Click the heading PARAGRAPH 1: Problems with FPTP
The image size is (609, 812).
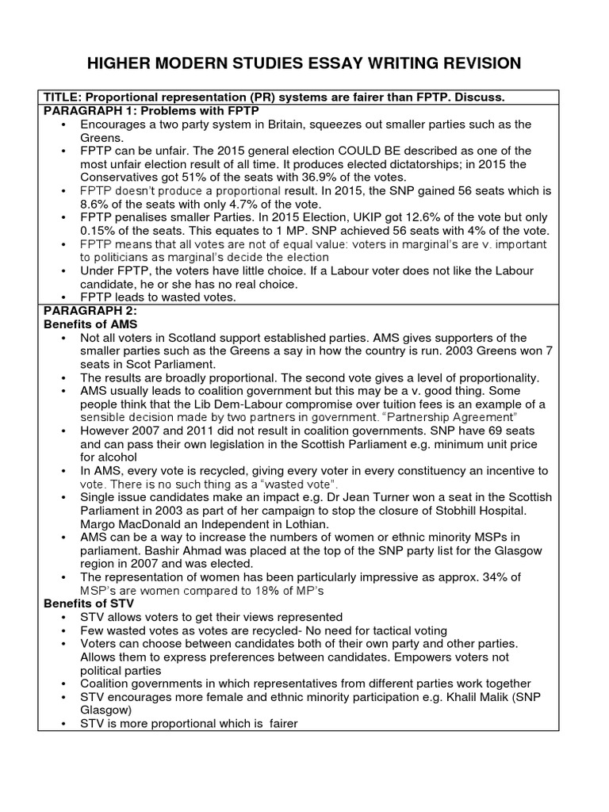click(135, 110)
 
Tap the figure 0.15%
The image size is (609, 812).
click(100, 231)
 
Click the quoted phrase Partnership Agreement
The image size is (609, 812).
click(448, 416)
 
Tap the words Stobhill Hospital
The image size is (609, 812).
click(467, 511)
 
